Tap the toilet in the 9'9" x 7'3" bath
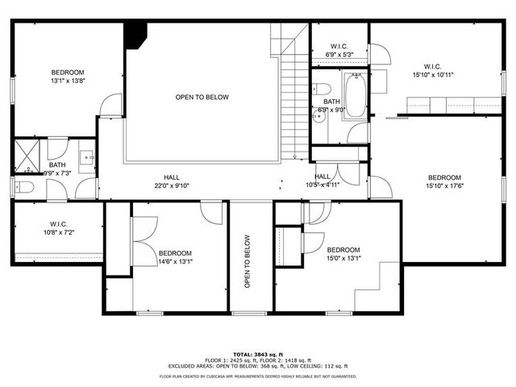point(23,187)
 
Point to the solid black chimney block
point(135,35)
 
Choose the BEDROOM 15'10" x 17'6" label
point(444,182)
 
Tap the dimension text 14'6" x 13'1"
point(175,260)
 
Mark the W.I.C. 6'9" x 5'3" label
point(339,51)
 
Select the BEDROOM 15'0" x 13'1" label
point(343,255)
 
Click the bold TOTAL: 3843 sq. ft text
point(258,355)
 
